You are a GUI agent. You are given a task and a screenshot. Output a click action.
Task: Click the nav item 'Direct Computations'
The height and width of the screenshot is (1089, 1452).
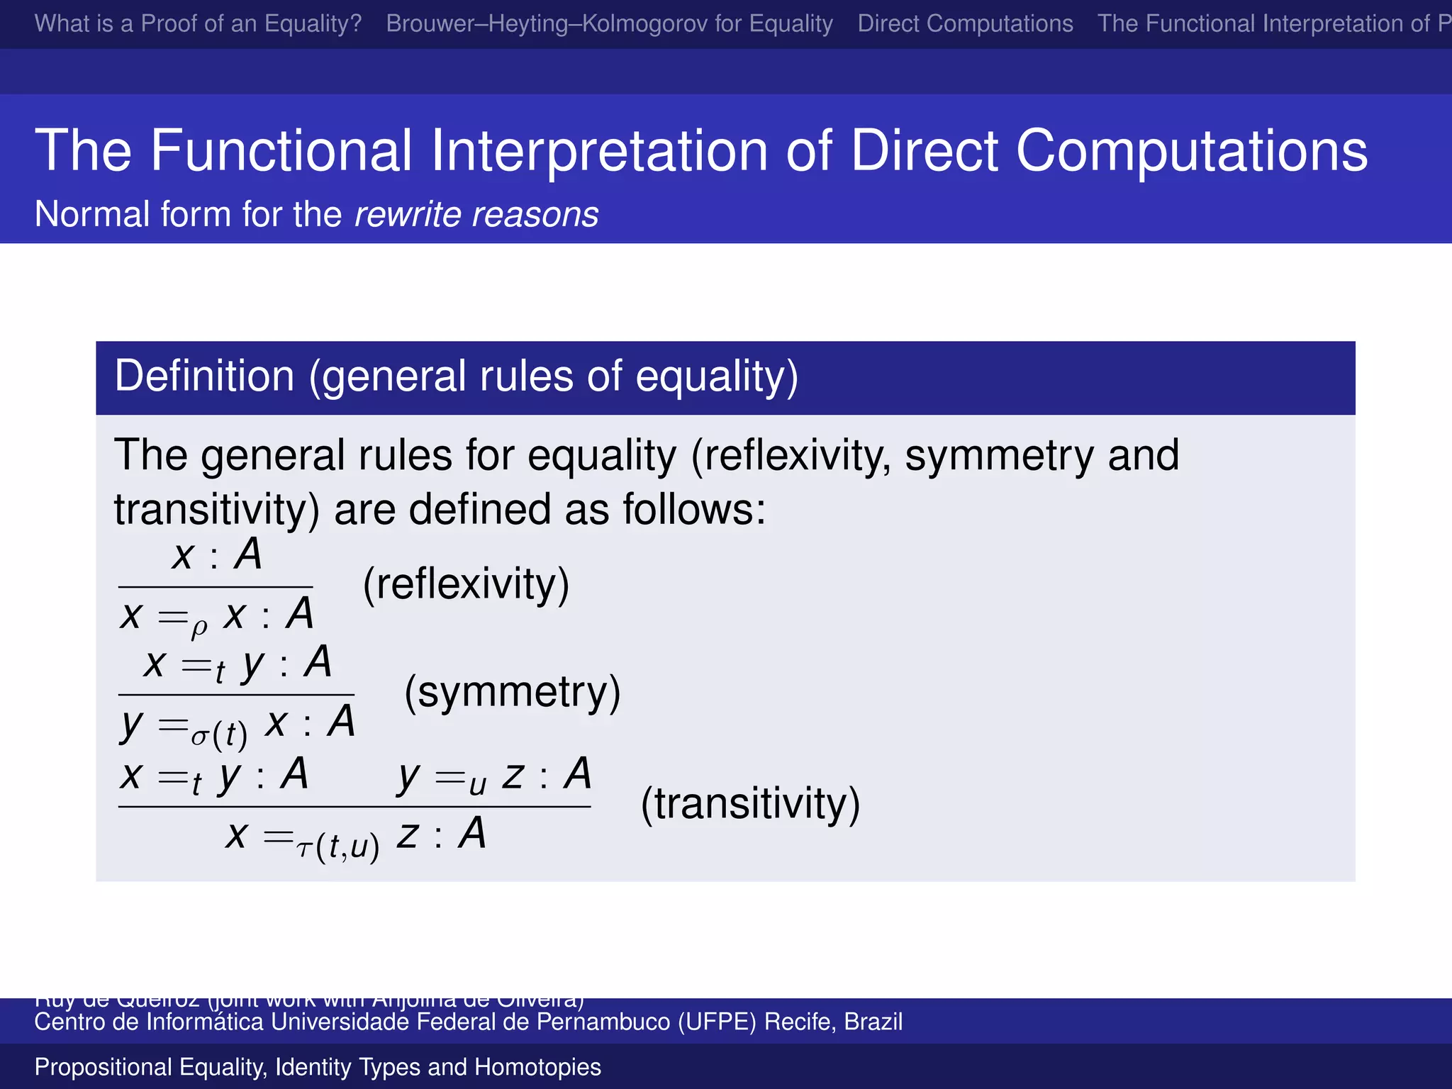click(965, 23)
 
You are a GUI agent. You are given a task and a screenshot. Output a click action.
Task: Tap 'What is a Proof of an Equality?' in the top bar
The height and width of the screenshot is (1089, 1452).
click(198, 23)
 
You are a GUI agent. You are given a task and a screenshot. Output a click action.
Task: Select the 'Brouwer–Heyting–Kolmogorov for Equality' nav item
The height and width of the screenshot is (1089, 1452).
click(609, 23)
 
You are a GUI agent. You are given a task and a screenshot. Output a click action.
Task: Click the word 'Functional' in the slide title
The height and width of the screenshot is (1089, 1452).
click(281, 150)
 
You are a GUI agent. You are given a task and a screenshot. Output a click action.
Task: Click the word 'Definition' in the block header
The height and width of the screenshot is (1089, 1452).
click(204, 376)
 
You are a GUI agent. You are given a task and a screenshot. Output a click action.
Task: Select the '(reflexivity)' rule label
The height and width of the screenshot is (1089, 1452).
click(466, 585)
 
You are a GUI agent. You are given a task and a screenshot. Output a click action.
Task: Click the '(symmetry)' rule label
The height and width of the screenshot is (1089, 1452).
click(512, 693)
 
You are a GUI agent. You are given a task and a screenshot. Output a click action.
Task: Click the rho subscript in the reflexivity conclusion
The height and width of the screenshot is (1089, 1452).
click(199, 627)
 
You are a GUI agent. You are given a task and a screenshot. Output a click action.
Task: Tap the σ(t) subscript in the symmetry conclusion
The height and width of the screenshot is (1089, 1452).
click(219, 735)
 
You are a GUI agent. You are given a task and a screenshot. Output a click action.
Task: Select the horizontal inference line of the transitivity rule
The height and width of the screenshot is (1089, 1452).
click(354, 807)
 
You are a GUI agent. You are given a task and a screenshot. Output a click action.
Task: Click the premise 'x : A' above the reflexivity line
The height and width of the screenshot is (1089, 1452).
click(216, 554)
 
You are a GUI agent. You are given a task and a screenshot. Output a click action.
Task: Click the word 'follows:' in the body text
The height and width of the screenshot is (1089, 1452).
click(694, 510)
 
